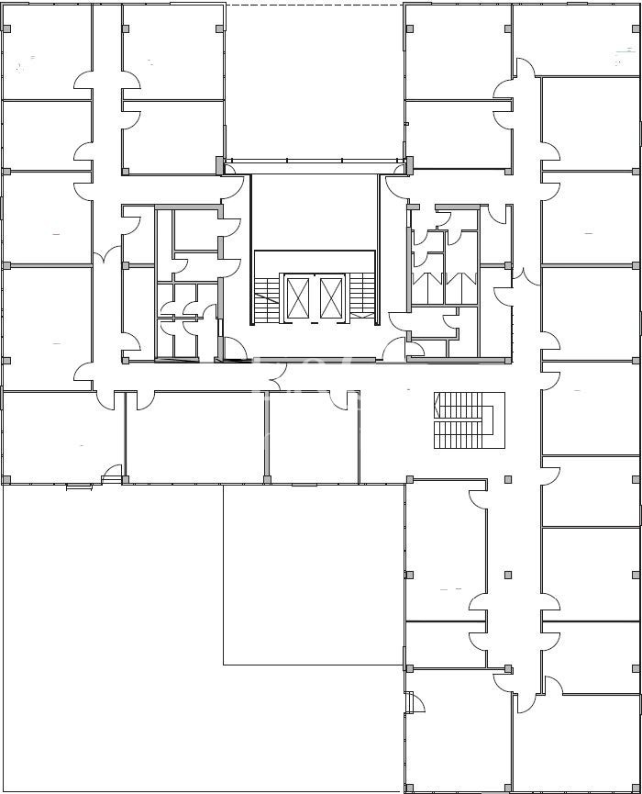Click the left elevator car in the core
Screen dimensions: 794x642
point(299,297)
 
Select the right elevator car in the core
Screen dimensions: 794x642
point(331,297)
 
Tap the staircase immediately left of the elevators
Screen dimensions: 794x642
point(267,297)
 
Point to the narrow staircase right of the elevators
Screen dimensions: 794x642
point(363,296)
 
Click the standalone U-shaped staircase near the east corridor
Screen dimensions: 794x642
point(468,420)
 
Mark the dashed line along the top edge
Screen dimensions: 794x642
point(314,6)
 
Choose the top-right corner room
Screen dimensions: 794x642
point(576,39)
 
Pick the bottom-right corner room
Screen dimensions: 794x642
point(576,744)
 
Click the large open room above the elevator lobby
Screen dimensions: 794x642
point(314,83)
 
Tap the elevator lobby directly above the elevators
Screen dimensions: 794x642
point(314,211)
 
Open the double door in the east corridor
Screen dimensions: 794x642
point(519,274)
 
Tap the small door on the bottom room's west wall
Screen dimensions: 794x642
point(415,702)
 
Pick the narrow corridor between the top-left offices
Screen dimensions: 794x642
point(107,92)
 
